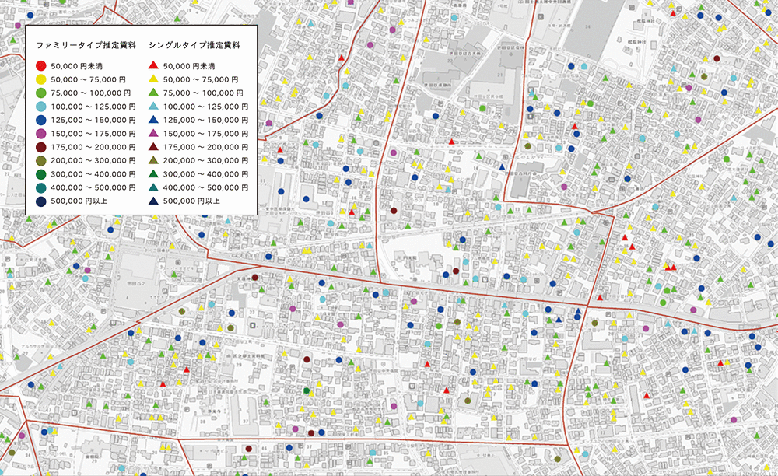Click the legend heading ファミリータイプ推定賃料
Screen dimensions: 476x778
86,45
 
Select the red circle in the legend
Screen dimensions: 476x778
41,66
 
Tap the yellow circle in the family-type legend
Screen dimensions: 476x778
41,79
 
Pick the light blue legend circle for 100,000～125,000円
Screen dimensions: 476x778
41,106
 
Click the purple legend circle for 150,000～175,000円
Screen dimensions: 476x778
41,133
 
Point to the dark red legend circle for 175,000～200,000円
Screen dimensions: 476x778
41,146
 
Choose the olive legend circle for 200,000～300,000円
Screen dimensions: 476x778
41,159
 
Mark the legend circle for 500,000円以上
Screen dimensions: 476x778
41,200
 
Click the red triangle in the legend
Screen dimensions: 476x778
154,65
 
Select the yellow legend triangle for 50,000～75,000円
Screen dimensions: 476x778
154,79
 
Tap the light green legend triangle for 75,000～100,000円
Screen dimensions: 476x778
154,93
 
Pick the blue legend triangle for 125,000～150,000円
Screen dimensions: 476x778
154,120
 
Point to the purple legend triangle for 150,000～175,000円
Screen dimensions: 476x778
154,133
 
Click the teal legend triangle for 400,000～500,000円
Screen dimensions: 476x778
154,187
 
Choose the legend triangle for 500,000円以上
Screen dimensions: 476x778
154,200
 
